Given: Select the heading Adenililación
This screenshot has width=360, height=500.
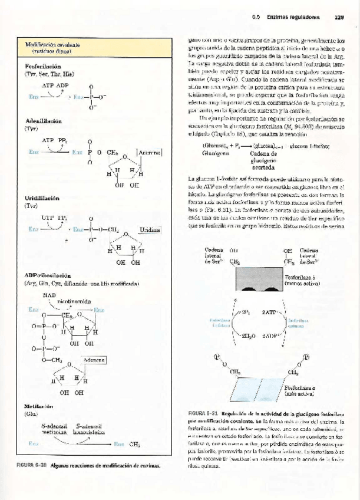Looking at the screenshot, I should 42,120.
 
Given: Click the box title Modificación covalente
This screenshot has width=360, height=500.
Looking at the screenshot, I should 52,44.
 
